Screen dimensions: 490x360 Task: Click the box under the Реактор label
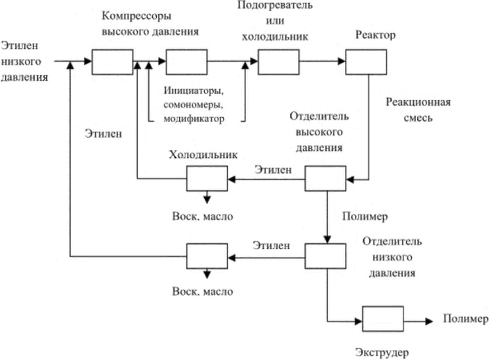click(x=366, y=62)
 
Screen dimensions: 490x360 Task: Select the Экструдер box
click(x=383, y=319)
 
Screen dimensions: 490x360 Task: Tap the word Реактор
click(x=375, y=35)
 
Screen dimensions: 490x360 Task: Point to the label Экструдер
click(x=382, y=353)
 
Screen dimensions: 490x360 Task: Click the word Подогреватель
click(x=275, y=5)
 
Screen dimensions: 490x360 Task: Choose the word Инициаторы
click(x=194, y=90)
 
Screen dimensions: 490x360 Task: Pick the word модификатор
click(x=194, y=119)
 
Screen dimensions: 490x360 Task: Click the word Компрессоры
click(x=136, y=16)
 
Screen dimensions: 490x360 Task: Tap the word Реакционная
click(x=418, y=102)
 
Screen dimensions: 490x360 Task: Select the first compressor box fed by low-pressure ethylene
click(x=113, y=62)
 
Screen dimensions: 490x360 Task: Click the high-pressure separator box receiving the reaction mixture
click(x=325, y=178)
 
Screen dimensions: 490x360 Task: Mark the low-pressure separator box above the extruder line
click(x=325, y=256)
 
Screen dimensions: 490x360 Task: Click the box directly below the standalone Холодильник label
click(x=207, y=178)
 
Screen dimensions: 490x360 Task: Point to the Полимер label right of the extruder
click(x=465, y=319)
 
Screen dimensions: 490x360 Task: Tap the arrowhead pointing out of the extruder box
click(x=429, y=321)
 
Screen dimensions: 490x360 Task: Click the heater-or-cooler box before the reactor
click(x=278, y=62)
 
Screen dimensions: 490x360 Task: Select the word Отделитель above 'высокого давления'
click(x=319, y=116)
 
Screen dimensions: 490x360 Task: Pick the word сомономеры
click(x=193, y=105)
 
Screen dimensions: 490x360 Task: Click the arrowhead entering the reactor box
click(x=342, y=61)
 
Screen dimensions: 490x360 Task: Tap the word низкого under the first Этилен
click(x=21, y=62)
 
